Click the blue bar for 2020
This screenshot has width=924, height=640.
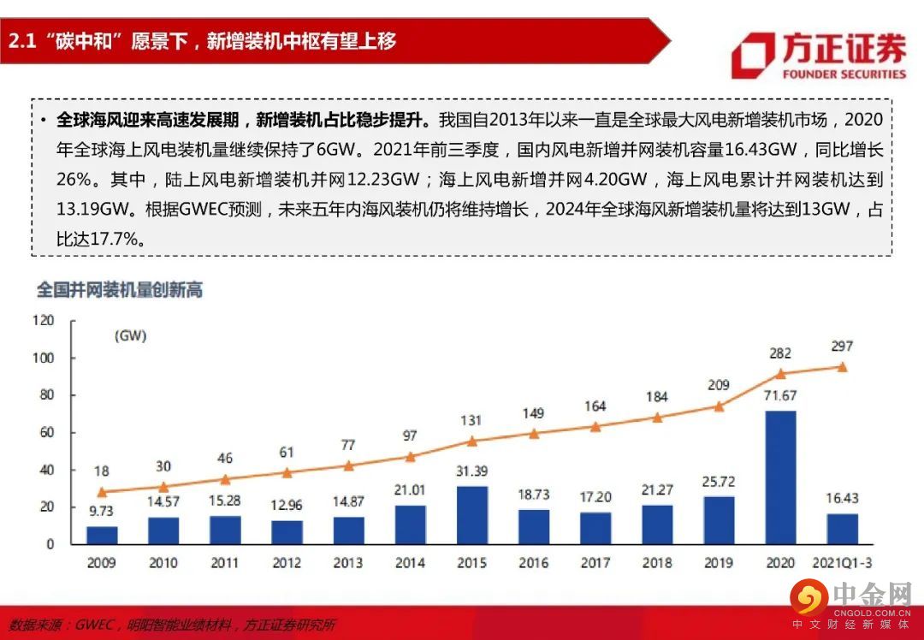(780, 477)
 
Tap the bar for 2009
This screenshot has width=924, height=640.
(103, 535)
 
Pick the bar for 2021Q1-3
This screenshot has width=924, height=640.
(842, 529)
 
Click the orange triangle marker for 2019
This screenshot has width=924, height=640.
(719, 406)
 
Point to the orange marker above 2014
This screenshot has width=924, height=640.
(411, 456)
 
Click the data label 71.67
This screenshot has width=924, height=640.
(780, 396)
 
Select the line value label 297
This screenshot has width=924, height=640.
(842, 346)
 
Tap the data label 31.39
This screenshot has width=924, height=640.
(472, 471)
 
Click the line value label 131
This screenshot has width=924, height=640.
(472, 420)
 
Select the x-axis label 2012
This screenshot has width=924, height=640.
(287, 563)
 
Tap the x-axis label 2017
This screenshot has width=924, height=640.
(595, 563)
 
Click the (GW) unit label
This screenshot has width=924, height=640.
(131, 336)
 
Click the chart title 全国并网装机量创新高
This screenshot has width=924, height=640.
(119, 289)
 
